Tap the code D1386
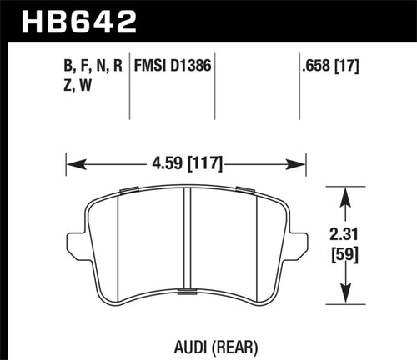point(193,62)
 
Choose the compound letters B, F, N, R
point(94,62)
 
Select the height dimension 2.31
point(344,236)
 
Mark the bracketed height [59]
point(344,253)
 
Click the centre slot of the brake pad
point(188,242)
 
